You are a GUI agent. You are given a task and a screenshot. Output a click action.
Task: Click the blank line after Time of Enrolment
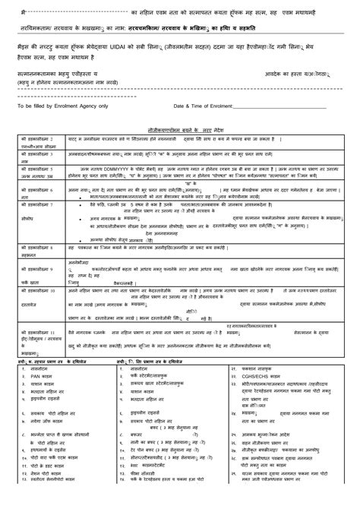point(281,107)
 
